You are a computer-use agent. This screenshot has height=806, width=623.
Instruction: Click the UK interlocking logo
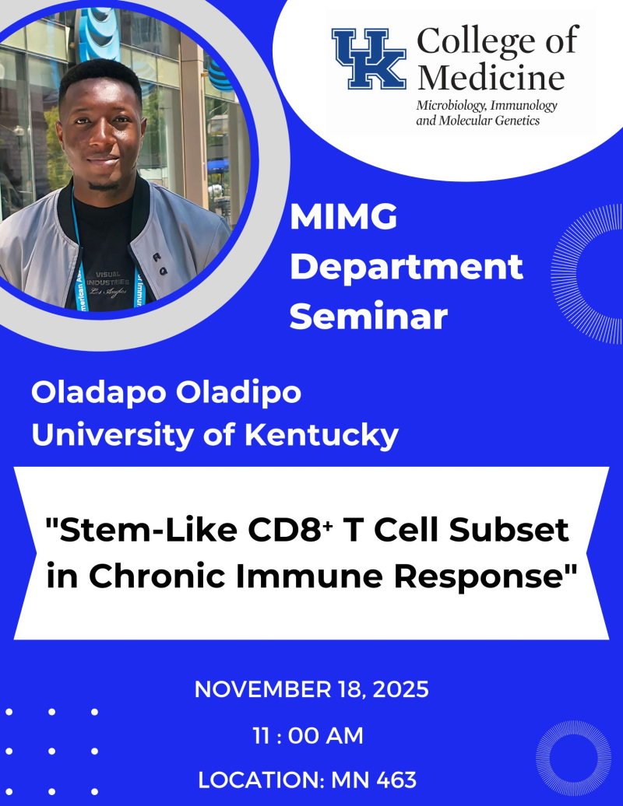pos(369,58)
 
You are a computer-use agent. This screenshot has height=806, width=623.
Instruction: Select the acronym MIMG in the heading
pos(343,219)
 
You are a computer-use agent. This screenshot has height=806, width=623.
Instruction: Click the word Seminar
pos(368,317)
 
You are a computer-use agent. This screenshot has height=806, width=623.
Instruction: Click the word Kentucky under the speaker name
pos(321,435)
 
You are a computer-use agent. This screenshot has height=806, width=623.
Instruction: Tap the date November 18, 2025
pos(311,689)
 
